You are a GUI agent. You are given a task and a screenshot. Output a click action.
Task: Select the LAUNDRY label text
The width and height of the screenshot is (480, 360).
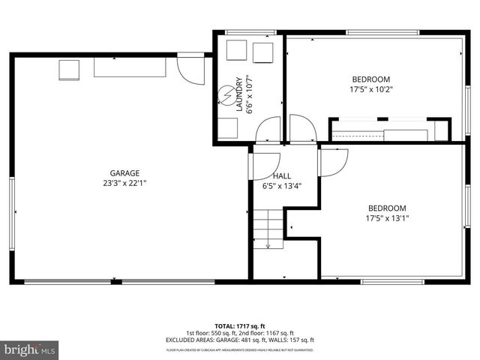(x=239, y=94)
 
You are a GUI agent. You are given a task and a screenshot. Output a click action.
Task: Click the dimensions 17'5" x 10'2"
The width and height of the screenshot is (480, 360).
(x=371, y=89)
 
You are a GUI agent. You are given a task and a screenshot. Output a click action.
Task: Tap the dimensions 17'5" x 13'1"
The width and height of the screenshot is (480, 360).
(x=386, y=218)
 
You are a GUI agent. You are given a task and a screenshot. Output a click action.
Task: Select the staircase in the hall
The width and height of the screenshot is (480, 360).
(x=269, y=228)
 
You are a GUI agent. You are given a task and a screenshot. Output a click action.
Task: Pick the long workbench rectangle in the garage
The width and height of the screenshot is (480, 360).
(x=129, y=67)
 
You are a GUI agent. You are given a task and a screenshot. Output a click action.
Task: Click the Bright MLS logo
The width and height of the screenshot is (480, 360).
(x=29, y=349)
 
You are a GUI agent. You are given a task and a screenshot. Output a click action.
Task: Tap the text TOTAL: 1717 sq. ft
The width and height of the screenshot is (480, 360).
(x=239, y=326)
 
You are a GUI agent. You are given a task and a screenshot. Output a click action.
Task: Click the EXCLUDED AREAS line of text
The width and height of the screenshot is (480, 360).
(x=239, y=340)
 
